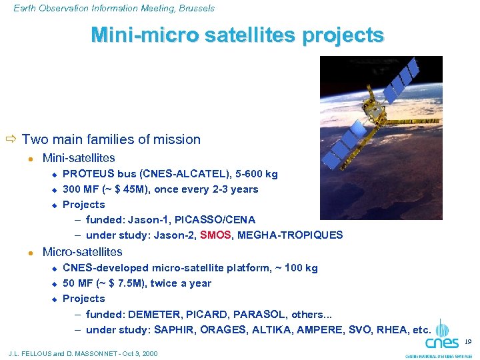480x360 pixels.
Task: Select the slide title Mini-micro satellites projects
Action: (237, 35)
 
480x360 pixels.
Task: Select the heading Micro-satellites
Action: (82, 252)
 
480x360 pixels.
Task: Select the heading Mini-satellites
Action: (79, 158)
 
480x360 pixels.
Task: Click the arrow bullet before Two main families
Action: (11, 139)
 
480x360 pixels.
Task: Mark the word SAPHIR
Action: (175, 329)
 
